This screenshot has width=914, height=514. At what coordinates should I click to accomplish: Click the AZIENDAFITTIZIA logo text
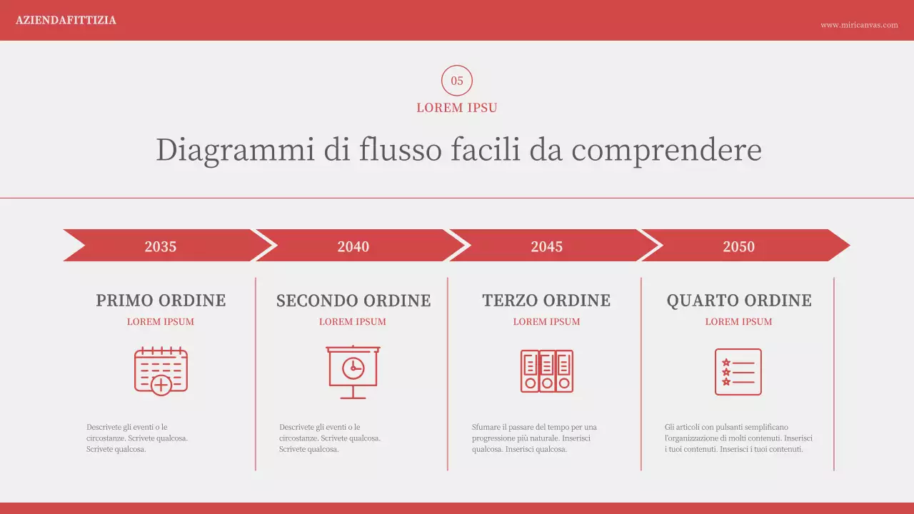coord(66,20)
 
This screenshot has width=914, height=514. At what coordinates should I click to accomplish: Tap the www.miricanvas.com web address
coord(859,25)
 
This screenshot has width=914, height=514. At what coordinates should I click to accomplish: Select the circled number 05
coord(457,81)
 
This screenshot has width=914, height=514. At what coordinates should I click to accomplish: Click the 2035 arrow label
coord(161,246)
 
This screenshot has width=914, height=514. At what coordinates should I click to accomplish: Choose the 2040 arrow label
coord(353,246)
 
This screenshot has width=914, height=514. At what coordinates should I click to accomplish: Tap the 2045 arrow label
coord(546,246)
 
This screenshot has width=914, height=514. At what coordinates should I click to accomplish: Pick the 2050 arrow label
coord(738,246)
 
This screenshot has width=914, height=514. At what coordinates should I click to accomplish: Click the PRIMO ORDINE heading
coord(161,301)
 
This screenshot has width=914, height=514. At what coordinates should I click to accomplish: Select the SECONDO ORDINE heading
coord(353,301)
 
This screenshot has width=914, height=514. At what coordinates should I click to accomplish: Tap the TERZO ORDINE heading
coord(546,301)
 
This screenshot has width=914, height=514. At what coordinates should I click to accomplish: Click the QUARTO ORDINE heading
coord(739,301)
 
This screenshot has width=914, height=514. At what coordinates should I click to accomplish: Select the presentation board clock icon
coord(353,371)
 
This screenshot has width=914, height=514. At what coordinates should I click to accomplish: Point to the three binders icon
coord(546,371)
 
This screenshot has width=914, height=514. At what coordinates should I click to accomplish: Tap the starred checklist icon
coord(738,371)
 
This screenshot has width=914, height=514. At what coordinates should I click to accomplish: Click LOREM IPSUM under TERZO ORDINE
coord(546,322)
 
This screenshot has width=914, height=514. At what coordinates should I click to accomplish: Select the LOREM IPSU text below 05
coord(457,108)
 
